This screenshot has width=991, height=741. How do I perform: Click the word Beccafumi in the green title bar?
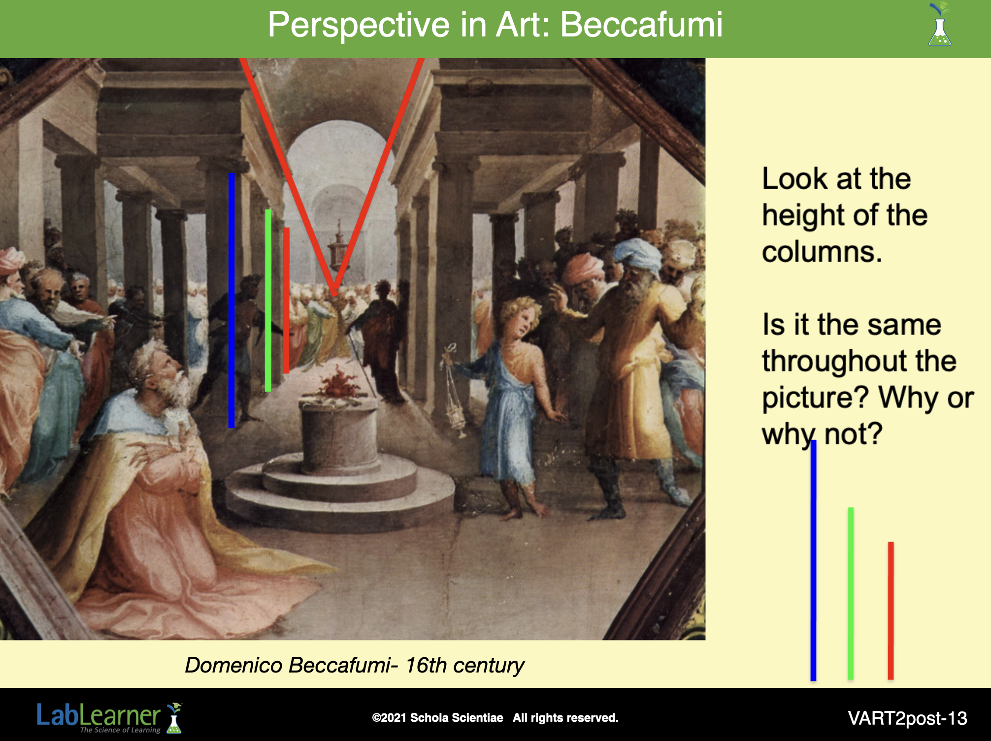pyautogui.click(x=641, y=24)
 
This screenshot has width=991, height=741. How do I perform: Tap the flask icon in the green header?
pyautogui.click(x=939, y=25)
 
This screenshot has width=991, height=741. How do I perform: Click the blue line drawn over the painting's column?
pyautogui.click(x=231, y=301)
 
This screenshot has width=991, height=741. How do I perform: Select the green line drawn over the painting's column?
pyautogui.click(x=268, y=301)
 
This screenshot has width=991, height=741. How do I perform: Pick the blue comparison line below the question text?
pyautogui.click(x=813, y=560)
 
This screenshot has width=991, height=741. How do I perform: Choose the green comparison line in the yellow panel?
pyautogui.click(x=851, y=593)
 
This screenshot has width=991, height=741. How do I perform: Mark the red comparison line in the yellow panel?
pyautogui.click(x=891, y=610)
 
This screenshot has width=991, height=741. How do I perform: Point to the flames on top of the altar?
pyautogui.click(x=338, y=381)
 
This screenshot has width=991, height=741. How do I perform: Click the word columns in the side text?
pyautogui.click(x=822, y=252)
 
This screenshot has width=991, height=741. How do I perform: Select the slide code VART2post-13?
pyautogui.click(x=907, y=718)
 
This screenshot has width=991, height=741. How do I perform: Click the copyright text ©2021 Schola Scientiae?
pyautogui.click(x=437, y=718)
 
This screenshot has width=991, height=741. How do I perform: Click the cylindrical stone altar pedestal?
pyautogui.click(x=339, y=434)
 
